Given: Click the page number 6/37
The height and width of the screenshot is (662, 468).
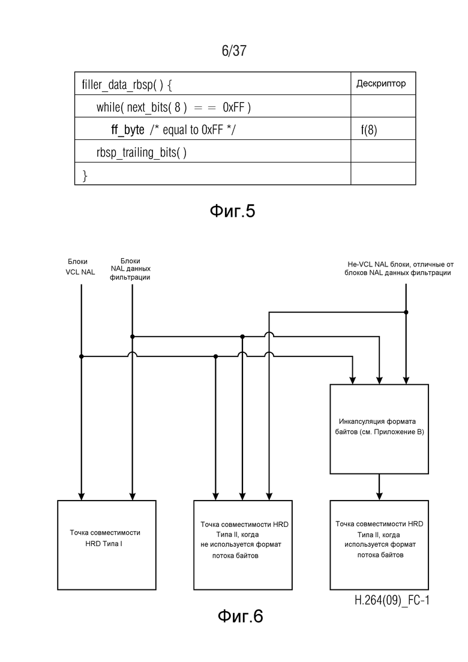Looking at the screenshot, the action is click(x=234, y=50).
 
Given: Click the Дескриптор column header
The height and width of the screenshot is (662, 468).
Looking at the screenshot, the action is click(x=381, y=83).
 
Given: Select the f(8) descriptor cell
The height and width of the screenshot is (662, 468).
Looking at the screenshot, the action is click(x=369, y=130).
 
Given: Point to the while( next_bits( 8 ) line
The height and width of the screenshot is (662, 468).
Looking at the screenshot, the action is click(x=173, y=107).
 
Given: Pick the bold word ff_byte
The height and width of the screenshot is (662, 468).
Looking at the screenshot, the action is click(x=128, y=130).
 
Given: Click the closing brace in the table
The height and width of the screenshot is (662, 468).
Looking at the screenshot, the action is click(x=85, y=175).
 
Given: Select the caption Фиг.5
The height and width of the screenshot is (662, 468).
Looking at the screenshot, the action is click(x=233, y=211).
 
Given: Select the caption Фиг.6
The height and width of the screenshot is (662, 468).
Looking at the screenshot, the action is click(x=241, y=616).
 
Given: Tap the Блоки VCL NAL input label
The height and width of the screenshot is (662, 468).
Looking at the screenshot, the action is click(x=80, y=267).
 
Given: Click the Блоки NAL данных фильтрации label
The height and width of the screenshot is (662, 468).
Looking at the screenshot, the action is click(x=130, y=269).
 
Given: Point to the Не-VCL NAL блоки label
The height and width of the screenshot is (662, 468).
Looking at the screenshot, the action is click(x=398, y=268).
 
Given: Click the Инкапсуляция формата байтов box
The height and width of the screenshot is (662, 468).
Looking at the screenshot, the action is click(x=379, y=429).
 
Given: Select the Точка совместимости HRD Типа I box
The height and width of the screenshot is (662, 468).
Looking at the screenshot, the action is click(x=107, y=545).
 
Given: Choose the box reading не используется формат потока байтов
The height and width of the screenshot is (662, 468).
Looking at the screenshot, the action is click(x=243, y=545).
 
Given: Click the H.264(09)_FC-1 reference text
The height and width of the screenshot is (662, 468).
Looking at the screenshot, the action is click(x=392, y=600).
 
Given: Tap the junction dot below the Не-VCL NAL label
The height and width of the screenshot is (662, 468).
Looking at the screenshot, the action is click(x=406, y=313).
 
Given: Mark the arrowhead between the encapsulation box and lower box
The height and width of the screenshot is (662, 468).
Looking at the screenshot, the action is click(x=379, y=496).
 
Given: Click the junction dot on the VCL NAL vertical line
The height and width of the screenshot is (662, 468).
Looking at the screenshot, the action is click(x=82, y=357).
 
